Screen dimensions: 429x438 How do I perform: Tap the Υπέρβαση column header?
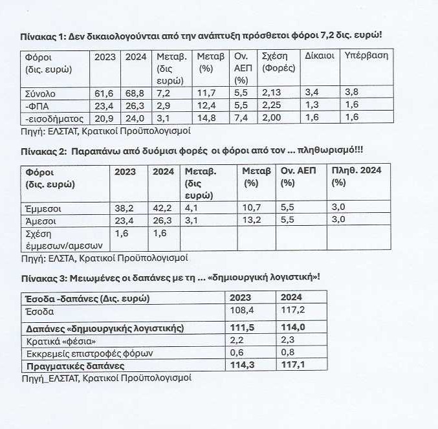tap(367, 56)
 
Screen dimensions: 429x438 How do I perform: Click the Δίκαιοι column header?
tap(320, 56)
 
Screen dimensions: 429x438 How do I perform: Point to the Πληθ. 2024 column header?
tap(357, 172)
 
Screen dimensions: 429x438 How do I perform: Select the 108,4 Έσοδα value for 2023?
tap(241, 311)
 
